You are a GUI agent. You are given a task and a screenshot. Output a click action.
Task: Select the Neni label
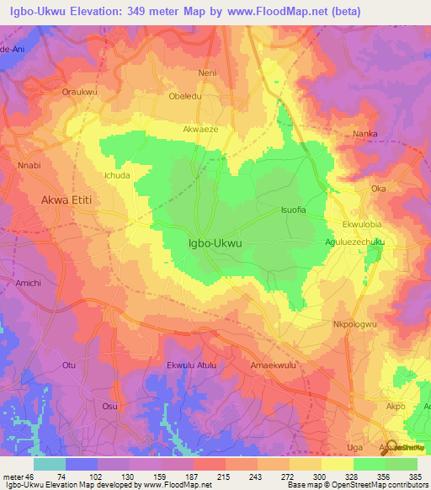pyautogui.click(x=207, y=73)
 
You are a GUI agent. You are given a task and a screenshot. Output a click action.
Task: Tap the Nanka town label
pyautogui.click(x=364, y=134)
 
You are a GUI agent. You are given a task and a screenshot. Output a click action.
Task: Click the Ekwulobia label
pyautogui.click(x=364, y=226)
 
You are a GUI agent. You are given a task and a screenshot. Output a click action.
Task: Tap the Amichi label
pyautogui.click(x=28, y=284)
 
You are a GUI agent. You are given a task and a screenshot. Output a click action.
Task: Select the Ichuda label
pyautogui.click(x=117, y=176)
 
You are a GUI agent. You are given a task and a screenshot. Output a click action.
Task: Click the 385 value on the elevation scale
pyautogui.click(x=413, y=477)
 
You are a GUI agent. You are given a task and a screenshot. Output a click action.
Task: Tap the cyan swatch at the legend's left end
pyautogui.click(x=50, y=464)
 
